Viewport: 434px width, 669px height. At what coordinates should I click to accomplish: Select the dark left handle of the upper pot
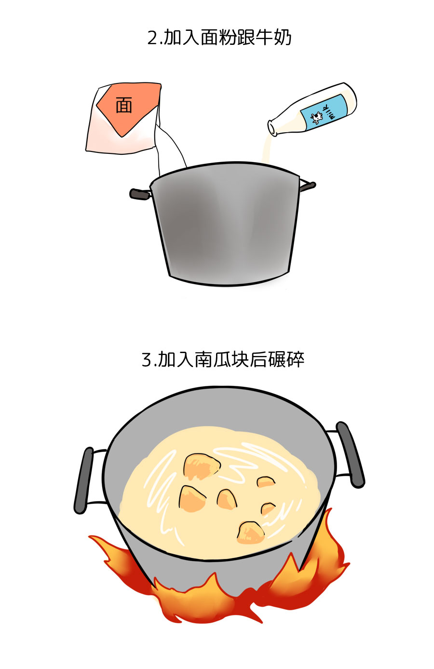pyautogui.click(x=140, y=194)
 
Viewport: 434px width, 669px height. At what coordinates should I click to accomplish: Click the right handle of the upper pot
pyautogui.click(x=308, y=186)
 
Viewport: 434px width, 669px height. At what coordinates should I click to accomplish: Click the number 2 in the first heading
pyautogui.click(x=152, y=38)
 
